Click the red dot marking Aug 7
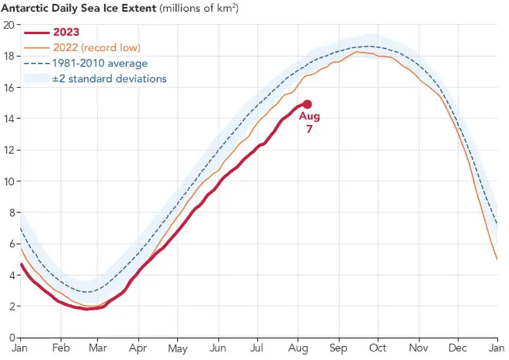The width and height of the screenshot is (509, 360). pyautogui.click(x=307, y=104)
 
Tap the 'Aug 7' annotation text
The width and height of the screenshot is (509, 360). pyautogui.click(x=309, y=122)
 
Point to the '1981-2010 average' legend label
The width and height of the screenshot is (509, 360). pyautogui.click(x=101, y=63)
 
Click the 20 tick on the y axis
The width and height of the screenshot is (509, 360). pyautogui.click(x=9, y=25)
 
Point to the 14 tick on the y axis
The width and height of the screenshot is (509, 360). pyautogui.click(x=9, y=118)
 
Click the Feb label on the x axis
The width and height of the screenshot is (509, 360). pyautogui.click(x=60, y=348)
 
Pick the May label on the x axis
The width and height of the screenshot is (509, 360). pyautogui.click(x=178, y=349)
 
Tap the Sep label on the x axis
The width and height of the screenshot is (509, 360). pyautogui.click(x=338, y=348)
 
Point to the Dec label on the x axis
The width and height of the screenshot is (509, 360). pyautogui.click(x=458, y=348)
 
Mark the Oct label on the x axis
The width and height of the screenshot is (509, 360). pyautogui.click(x=378, y=348)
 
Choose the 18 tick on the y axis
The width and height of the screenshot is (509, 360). pyautogui.click(x=9, y=56)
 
